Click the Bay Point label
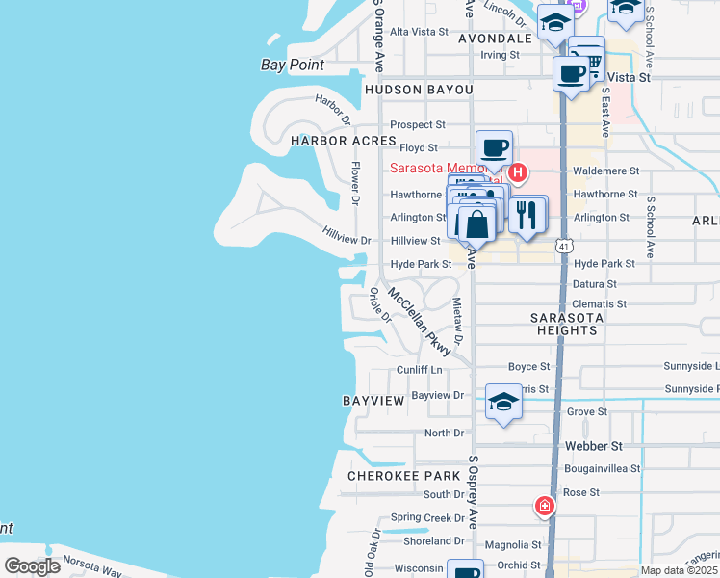coord(293,66)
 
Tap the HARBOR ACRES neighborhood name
coord(330,141)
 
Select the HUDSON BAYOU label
coord(419,90)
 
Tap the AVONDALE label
coord(495,39)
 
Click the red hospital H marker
coord(518,173)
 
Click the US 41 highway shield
coord(560,247)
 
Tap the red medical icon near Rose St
coord(545,506)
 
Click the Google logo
coord(33,566)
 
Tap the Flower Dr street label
coord(355,183)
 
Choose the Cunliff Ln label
coord(420,369)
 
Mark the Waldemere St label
coord(606,171)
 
